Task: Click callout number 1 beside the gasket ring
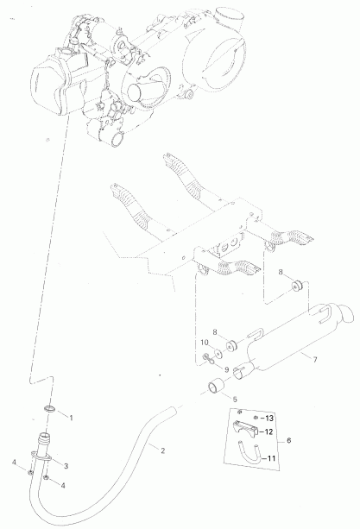(x=71, y=418)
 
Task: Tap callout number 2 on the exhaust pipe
(x=163, y=450)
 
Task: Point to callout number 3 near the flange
(x=66, y=466)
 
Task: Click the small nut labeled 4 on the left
(x=31, y=472)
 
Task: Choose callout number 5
(x=235, y=400)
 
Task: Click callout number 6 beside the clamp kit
(x=288, y=441)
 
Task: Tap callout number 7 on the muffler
(x=315, y=360)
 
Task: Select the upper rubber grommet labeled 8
(x=298, y=287)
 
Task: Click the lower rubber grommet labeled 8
(x=232, y=346)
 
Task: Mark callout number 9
(x=227, y=369)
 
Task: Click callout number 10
(x=205, y=343)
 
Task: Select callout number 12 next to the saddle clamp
(x=268, y=431)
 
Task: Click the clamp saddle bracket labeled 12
(x=246, y=426)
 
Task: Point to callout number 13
(x=269, y=419)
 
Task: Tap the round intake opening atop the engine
(x=230, y=15)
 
